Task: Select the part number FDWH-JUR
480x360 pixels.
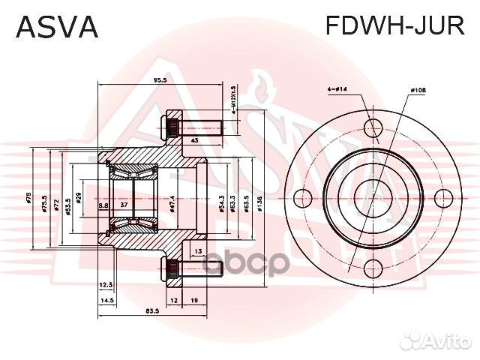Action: point(394,26)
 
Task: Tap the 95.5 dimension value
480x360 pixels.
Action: point(159,79)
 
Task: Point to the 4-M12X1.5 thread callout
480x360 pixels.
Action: point(233,100)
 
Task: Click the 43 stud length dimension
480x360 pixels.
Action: point(193,140)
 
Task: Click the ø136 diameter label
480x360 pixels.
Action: point(259,201)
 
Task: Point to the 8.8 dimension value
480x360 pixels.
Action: point(103,204)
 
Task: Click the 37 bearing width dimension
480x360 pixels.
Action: point(124,204)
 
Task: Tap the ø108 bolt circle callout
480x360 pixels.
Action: point(417,91)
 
